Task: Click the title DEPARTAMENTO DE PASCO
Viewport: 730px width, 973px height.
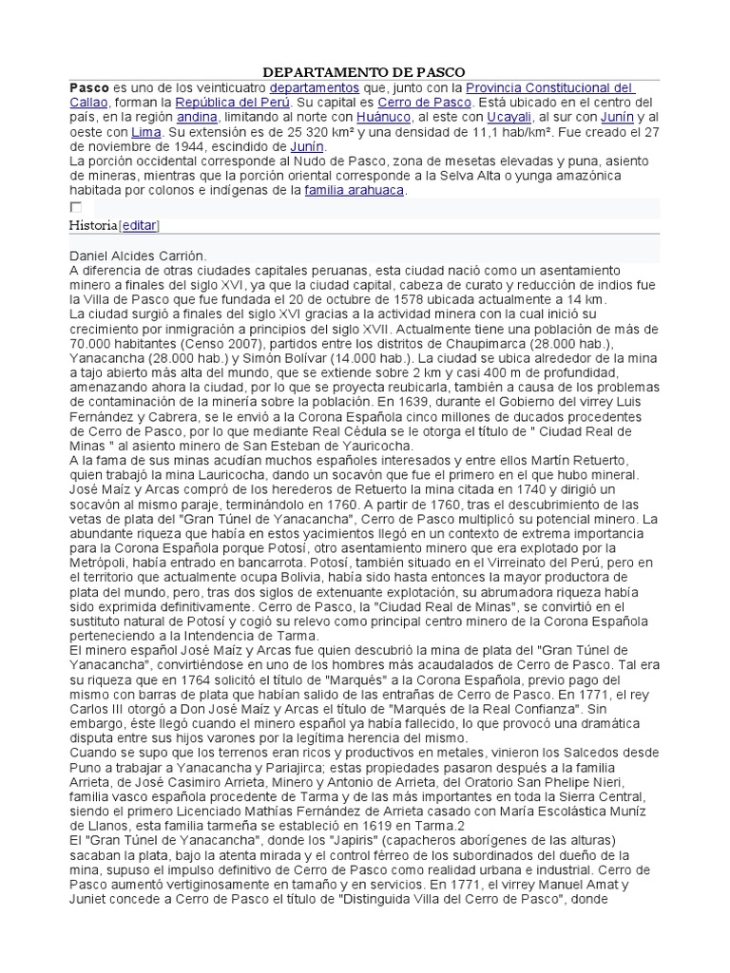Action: (x=364, y=71)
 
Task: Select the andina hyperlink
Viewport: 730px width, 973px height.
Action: (x=197, y=117)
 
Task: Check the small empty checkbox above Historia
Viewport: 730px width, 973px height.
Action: (x=76, y=207)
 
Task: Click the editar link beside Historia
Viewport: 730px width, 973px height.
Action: (x=139, y=225)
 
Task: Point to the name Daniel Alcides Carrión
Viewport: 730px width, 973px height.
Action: (x=137, y=256)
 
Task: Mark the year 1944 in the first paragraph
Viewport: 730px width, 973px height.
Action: (x=198, y=147)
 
